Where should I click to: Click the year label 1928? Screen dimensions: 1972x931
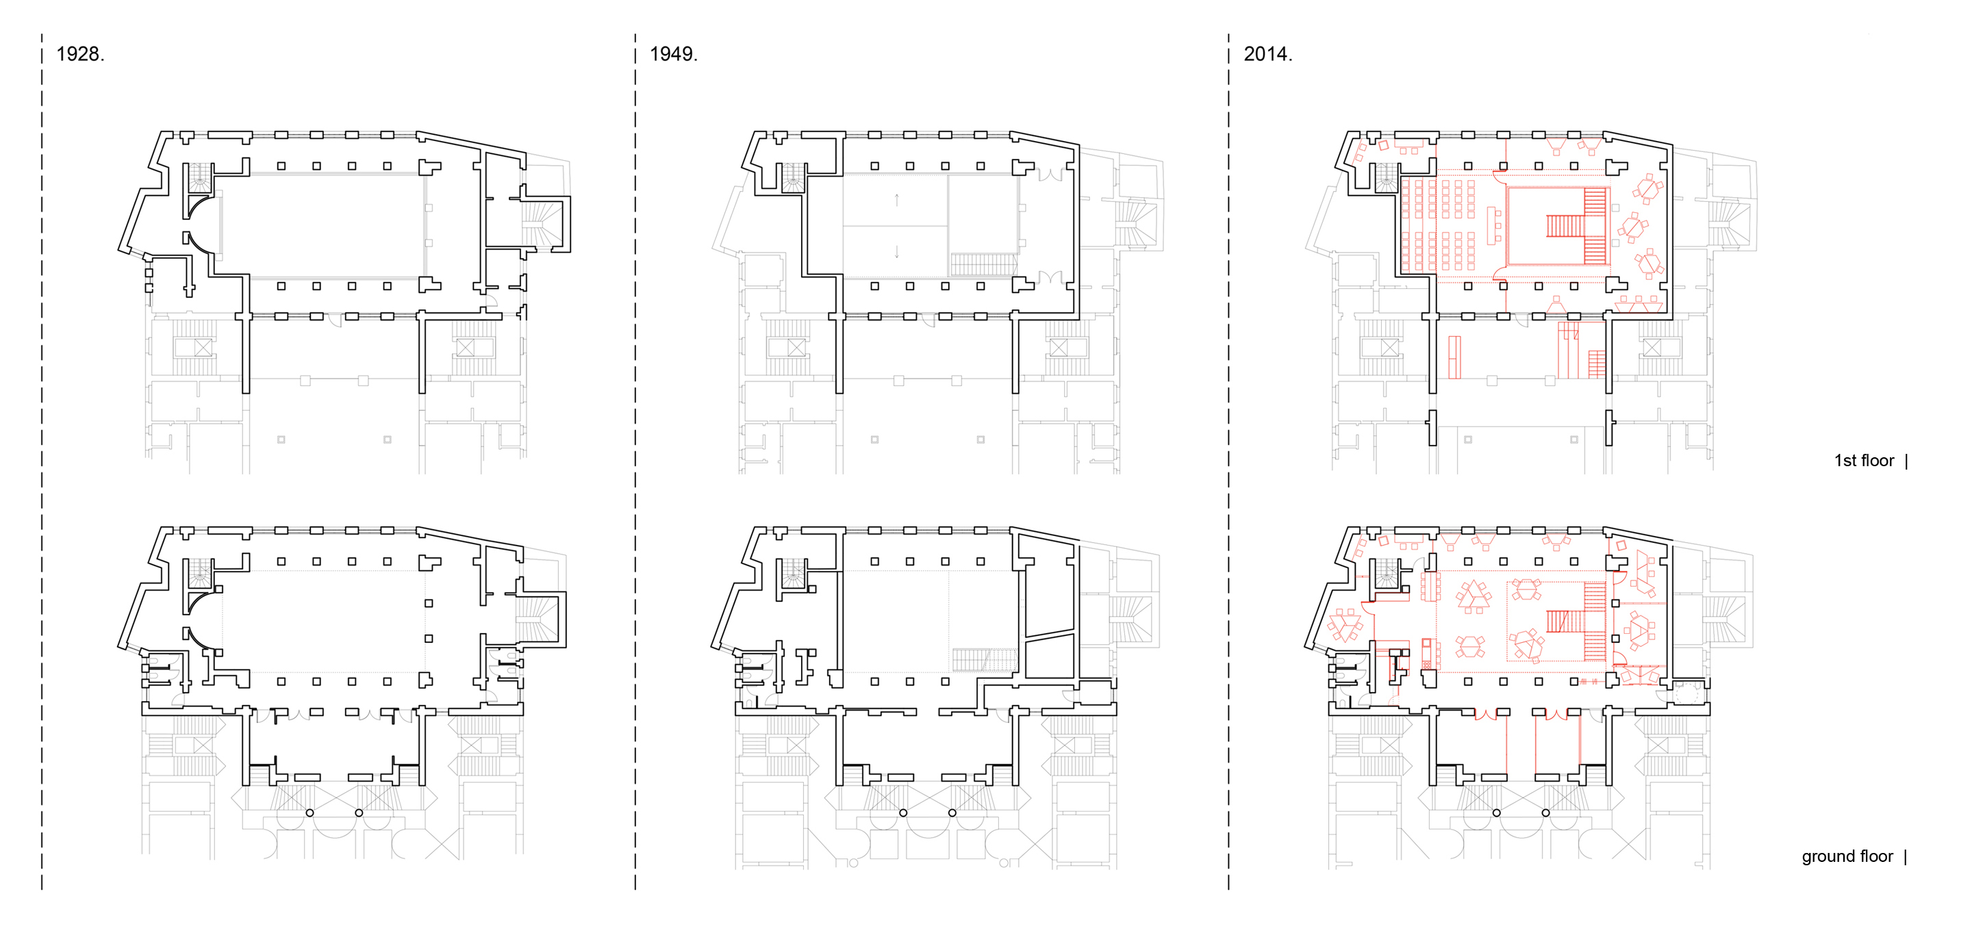80,54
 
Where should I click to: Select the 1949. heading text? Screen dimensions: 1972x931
674,54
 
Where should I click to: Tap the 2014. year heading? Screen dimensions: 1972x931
1267,54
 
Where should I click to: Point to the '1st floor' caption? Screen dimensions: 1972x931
1863,461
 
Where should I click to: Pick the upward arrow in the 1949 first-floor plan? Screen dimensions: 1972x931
896,201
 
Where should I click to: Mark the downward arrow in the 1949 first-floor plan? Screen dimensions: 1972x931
896,251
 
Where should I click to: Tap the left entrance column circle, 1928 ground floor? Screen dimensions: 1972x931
309,813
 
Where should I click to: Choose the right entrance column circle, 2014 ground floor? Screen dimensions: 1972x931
1545,813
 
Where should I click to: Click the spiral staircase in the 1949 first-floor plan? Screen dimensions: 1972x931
793,177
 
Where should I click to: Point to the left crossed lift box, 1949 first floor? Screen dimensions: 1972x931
797,348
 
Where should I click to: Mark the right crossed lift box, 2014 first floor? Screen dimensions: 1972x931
1652,348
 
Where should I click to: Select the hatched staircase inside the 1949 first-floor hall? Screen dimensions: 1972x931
984,265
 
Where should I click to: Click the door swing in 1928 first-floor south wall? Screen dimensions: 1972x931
333,322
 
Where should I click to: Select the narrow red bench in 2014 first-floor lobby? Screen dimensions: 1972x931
1454,357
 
